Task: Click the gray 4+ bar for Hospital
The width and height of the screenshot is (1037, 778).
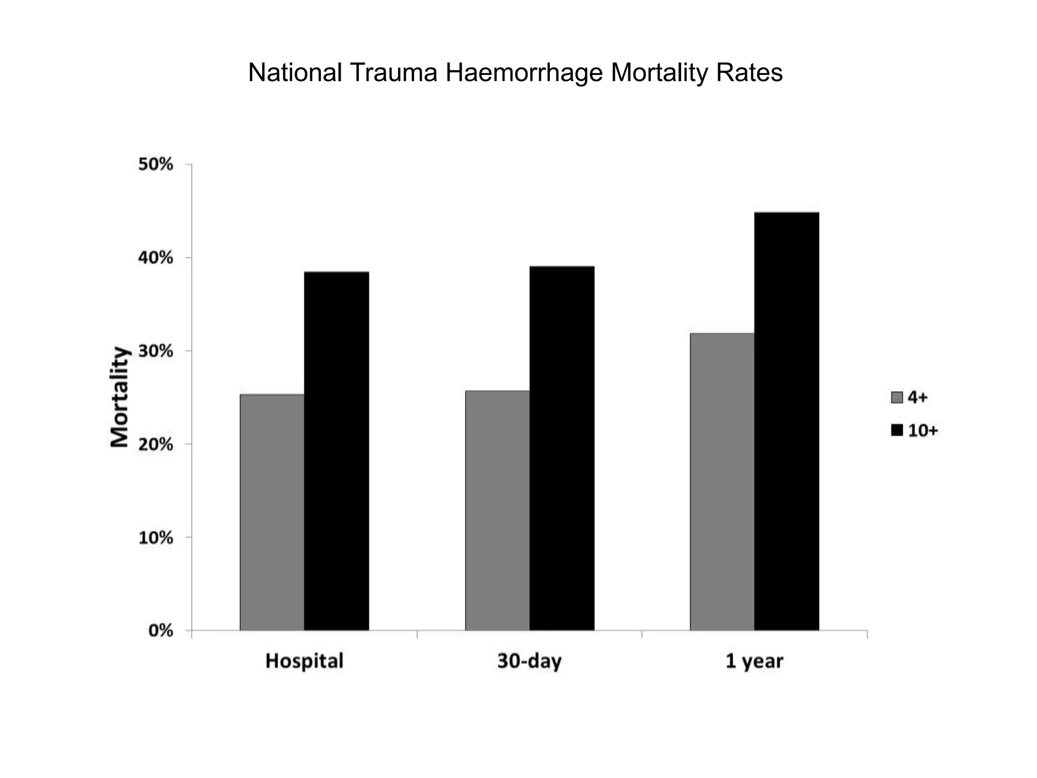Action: pyautogui.click(x=272, y=512)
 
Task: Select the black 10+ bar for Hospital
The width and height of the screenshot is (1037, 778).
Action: pyautogui.click(x=336, y=451)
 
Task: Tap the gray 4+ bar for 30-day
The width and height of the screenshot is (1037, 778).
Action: pyautogui.click(x=497, y=510)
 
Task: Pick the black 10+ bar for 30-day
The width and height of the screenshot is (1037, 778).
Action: pyautogui.click(x=562, y=448)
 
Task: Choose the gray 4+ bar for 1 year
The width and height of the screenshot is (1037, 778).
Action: pyautogui.click(x=722, y=481)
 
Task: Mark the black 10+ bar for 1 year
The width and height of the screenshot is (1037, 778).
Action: pyautogui.click(x=786, y=421)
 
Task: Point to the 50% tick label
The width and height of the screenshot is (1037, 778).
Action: pyautogui.click(x=156, y=165)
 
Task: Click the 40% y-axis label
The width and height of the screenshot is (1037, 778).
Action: pyautogui.click(x=156, y=258)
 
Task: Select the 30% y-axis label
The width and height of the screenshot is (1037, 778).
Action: pyautogui.click(x=156, y=351)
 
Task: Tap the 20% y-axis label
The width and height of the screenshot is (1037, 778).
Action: pyautogui.click(x=156, y=444)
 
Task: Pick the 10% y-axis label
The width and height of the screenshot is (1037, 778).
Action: pyautogui.click(x=156, y=537)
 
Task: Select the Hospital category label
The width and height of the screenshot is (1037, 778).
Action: pyautogui.click(x=304, y=661)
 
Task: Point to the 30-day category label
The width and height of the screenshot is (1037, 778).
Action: pyautogui.click(x=530, y=662)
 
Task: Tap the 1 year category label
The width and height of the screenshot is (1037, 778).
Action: pyautogui.click(x=754, y=662)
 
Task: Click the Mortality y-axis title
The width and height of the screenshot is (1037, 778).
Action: pyautogui.click(x=120, y=397)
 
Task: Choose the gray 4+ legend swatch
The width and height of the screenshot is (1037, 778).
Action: pyautogui.click(x=897, y=398)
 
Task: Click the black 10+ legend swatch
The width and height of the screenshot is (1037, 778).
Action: pyautogui.click(x=897, y=431)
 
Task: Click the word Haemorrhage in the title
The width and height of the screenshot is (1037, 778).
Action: pyautogui.click(x=524, y=73)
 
